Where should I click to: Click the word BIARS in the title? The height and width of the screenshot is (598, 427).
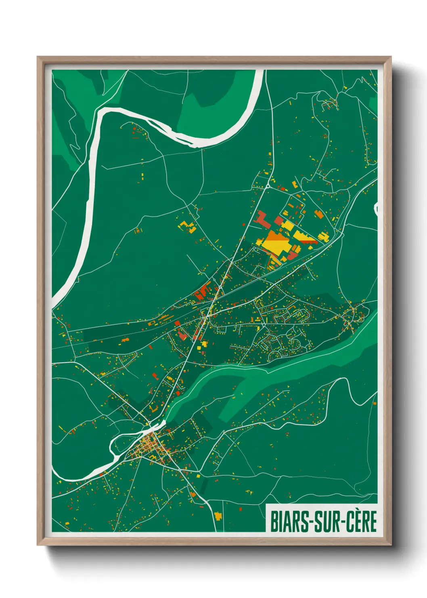pyautogui.click(x=289, y=521)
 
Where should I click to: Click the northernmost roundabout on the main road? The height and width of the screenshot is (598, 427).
pyautogui.click(x=268, y=186)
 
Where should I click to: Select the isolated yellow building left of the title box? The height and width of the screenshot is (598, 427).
pyautogui.click(x=218, y=516)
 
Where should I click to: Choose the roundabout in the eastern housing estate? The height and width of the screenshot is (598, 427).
pyautogui.click(x=263, y=325)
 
